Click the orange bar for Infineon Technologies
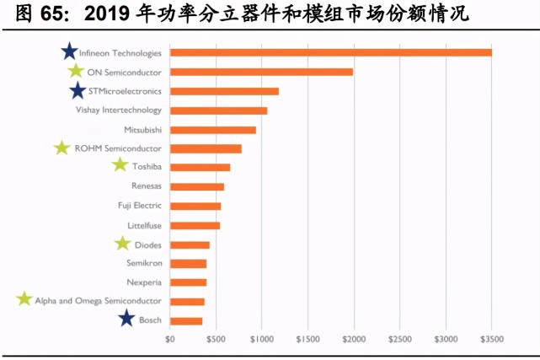330,53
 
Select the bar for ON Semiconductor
261,72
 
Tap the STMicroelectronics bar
224,91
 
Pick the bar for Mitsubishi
212,130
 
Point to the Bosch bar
186,320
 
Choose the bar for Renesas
197,186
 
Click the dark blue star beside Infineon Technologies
69,52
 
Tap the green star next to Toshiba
120,165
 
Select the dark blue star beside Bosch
126,319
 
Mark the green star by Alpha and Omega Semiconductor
24,299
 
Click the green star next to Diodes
123,244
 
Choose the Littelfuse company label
144,225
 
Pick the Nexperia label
144,282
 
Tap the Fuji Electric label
139,206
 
